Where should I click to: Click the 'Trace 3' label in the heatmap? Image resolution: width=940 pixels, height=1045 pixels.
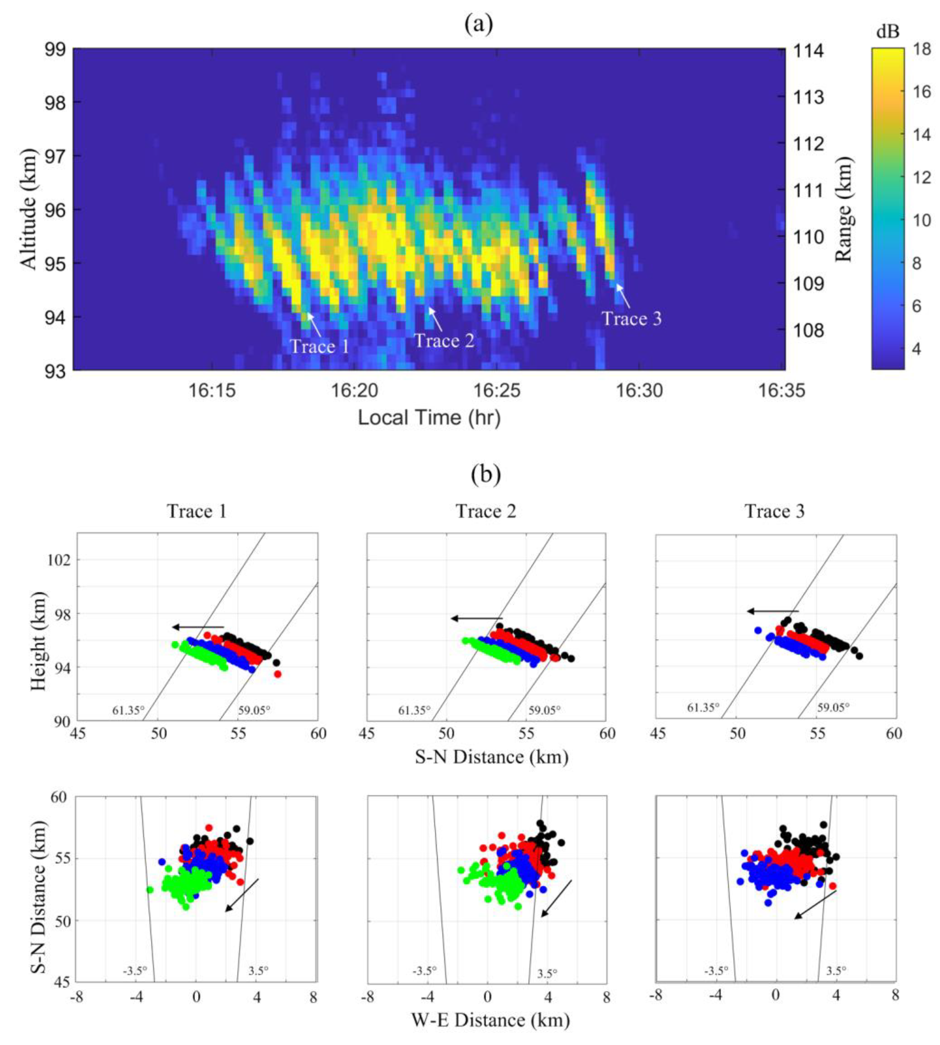click(631, 318)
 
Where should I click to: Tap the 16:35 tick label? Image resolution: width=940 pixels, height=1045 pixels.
click(781, 391)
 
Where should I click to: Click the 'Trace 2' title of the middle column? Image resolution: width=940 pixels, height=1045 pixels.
click(486, 511)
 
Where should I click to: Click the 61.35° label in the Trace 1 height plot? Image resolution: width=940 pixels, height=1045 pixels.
click(128, 710)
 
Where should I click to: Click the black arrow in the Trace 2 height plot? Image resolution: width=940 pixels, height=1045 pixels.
click(476, 618)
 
